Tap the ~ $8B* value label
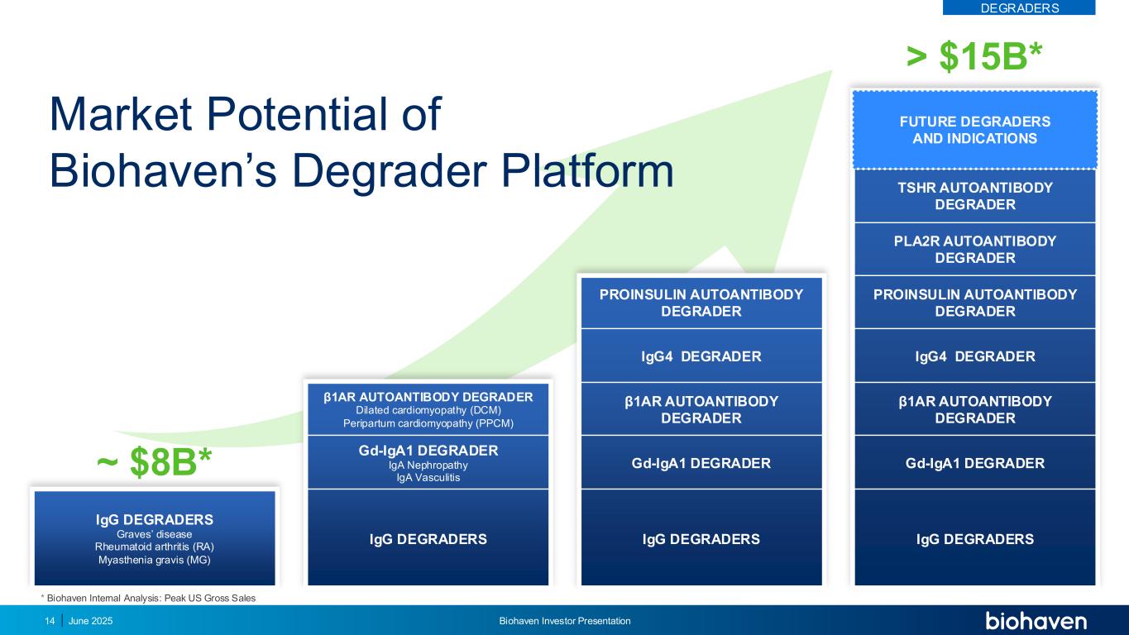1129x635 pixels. [155, 464]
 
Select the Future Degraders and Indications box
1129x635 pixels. [974, 130]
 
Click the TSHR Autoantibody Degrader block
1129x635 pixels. [974, 196]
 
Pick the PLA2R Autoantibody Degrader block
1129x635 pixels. [974, 249]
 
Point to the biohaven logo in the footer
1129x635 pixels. [1036, 621]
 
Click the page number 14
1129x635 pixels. [49, 621]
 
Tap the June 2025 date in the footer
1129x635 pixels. [90, 621]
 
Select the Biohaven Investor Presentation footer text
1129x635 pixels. [565, 621]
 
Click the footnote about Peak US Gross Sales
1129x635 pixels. [148, 597]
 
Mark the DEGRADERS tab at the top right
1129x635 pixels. [1019, 7]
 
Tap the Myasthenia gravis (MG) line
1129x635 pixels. [155, 561]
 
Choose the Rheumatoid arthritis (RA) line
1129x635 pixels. [155, 547]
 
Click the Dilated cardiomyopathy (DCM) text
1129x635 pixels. [428, 410]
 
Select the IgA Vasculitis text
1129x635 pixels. [428, 477]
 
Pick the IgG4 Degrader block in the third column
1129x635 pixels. [701, 356]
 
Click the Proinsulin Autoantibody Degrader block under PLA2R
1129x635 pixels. [974, 303]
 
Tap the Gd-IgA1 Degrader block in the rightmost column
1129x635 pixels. [974, 463]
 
